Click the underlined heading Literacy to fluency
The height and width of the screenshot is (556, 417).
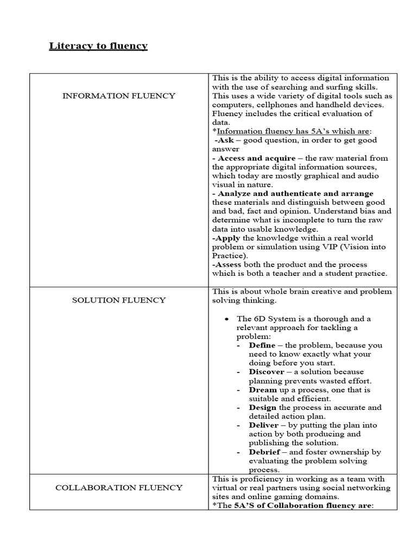coord(98,46)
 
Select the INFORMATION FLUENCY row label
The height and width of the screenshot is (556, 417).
coord(119,96)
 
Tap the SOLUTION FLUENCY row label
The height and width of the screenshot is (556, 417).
coord(119,300)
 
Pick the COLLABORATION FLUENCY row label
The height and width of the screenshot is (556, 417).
coord(119,488)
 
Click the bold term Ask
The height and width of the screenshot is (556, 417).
coord(225,140)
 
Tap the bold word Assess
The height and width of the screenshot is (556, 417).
coord(228,264)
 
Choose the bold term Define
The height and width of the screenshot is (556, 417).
coord(263,345)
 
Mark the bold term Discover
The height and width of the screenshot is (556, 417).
coord(267,372)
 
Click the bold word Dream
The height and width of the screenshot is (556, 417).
coord(263,390)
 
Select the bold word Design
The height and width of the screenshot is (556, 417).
coord(263,407)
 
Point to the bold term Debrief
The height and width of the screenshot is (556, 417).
coord(264,452)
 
